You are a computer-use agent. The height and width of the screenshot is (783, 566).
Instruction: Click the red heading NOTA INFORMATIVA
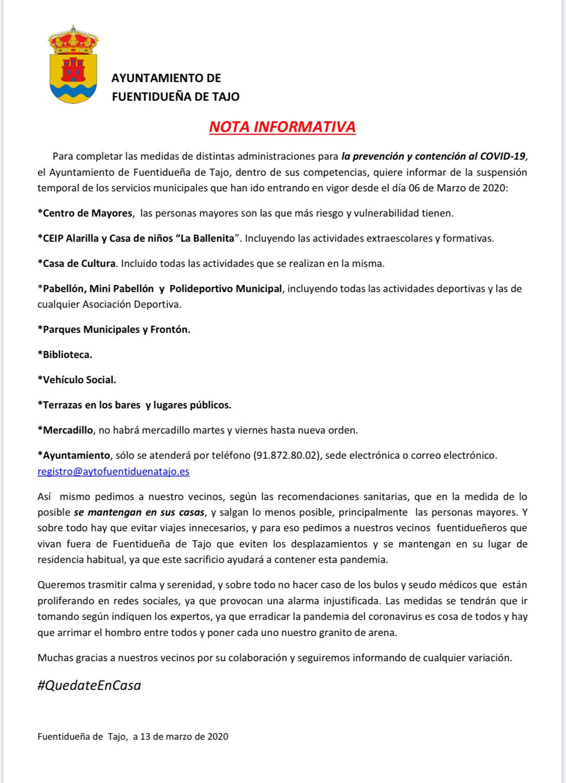coord(282,126)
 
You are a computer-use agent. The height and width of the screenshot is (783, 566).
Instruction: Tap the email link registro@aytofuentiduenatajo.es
coord(113,472)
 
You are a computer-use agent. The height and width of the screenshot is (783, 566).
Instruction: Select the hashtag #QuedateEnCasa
coord(89,685)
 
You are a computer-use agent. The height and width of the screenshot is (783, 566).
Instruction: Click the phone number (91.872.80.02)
coord(288,456)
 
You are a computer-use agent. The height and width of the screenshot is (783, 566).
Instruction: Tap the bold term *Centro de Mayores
coord(85,213)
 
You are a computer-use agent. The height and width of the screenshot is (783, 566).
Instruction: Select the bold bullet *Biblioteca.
coord(65,354)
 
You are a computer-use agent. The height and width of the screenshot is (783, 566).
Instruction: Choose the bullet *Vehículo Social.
coord(76,379)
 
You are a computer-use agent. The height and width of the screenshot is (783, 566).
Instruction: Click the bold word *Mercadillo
coord(65,430)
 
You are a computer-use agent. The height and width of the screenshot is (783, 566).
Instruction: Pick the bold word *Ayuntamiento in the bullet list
coord(74,455)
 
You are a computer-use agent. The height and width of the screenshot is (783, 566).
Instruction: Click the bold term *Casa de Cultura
coord(76,263)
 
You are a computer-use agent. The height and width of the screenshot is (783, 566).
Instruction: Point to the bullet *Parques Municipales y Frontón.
coord(114,329)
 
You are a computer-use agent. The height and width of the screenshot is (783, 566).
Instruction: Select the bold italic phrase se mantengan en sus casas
coord(139,513)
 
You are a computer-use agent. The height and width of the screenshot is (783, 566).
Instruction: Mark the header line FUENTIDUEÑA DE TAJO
coord(175,96)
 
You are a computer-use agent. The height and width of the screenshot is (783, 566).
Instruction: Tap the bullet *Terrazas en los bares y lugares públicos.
coord(134,405)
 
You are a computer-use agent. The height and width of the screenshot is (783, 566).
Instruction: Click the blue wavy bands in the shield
coord(73,93)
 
